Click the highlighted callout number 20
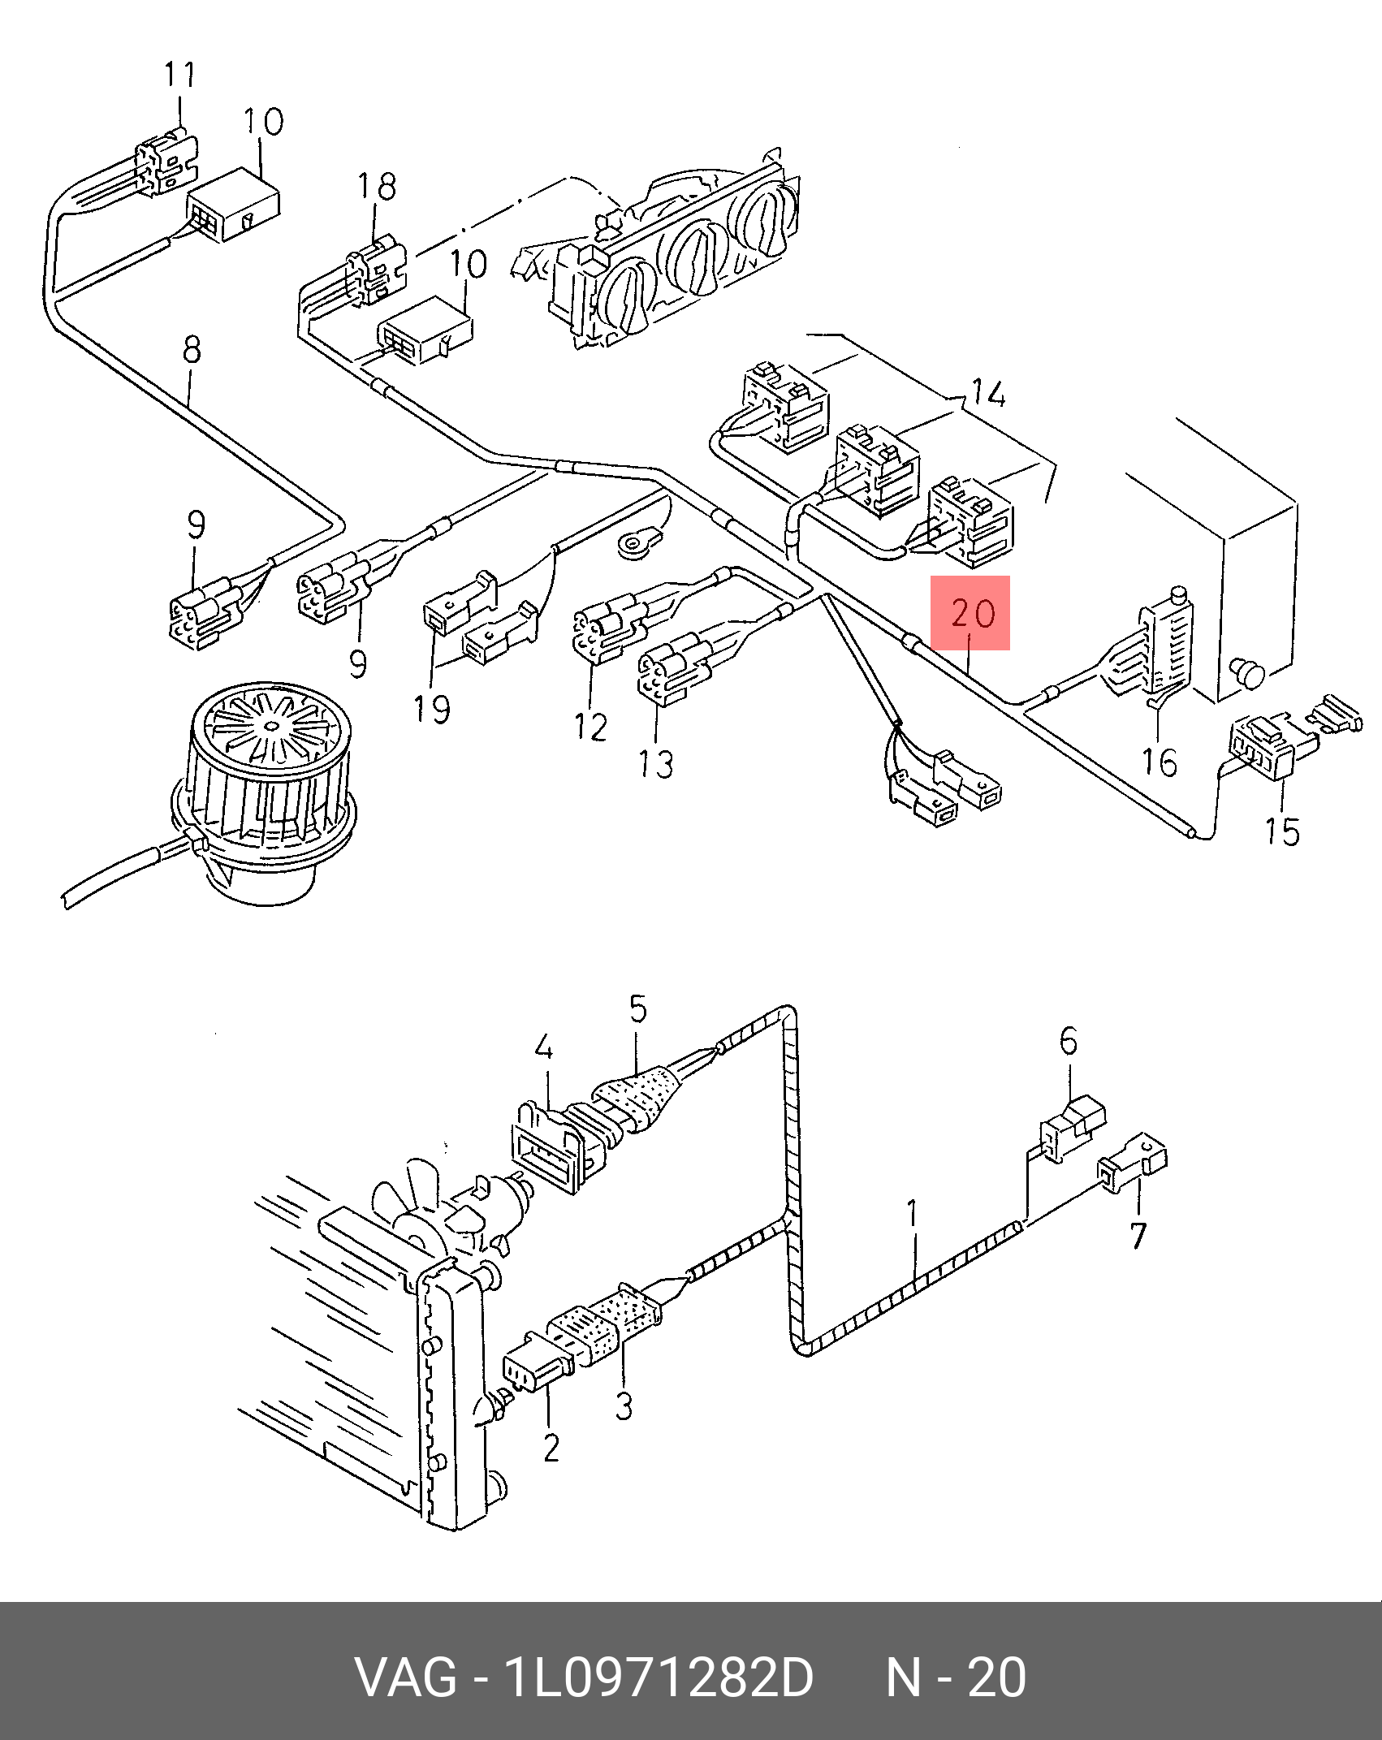click(x=972, y=614)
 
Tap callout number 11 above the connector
click(x=179, y=75)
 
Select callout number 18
click(x=377, y=187)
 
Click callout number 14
click(x=988, y=394)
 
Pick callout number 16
click(x=1159, y=762)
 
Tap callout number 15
click(x=1281, y=831)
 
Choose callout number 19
click(x=431, y=709)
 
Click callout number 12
click(x=590, y=727)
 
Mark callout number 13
click(x=655, y=764)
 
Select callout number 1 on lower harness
click(x=913, y=1213)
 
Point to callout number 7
click(x=1138, y=1236)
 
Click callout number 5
click(x=638, y=1009)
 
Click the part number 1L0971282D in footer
click(x=658, y=1677)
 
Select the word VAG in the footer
click(x=406, y=1677)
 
